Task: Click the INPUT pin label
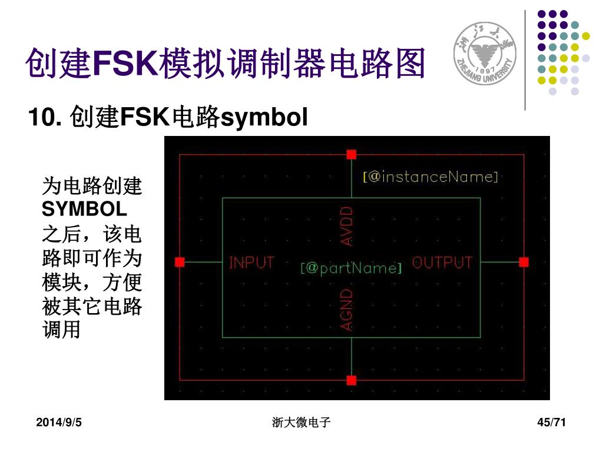tap(251, 263)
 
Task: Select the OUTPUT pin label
tap(442, 263)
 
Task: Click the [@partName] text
tap(351, 268)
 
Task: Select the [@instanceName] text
tap(430, 177)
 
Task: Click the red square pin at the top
tap(352, 154)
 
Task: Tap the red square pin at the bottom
tap(352, 380)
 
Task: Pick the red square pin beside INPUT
tap(180, 262)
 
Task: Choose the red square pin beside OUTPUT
tap(524, 262)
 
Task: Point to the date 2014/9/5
tap(58, 422)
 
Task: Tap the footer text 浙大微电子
tap(301, 422)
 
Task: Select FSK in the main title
tap(122, 64)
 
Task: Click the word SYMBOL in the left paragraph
tap(84, 209)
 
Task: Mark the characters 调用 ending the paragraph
tap(61, 330)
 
